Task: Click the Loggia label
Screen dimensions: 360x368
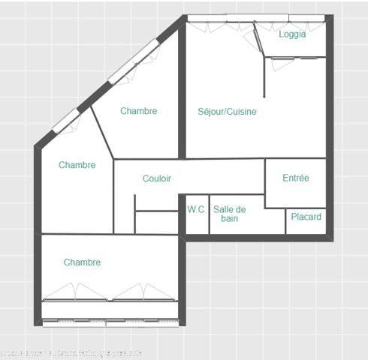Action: pos(291,34)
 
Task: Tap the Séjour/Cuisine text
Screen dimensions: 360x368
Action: pos(227,112)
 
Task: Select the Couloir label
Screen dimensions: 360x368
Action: pos(157,178)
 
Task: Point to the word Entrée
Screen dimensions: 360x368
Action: pos(296,178)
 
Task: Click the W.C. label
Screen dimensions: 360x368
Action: pos(197,210)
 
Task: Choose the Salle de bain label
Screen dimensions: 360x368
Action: pos(229,214)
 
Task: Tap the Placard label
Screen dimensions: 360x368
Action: pos(306,217)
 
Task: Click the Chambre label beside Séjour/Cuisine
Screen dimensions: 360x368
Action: pos(139,111)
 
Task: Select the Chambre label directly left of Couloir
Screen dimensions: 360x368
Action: pos(77,165)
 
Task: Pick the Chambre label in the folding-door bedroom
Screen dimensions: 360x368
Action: pos(82,262)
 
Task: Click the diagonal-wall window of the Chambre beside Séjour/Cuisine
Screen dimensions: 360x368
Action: pos(134,64)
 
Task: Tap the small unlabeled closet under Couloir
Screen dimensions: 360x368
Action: pos(156,223)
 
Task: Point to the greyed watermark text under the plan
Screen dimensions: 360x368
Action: pos(71,352)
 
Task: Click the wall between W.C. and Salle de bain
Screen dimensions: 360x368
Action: pos(209,214)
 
